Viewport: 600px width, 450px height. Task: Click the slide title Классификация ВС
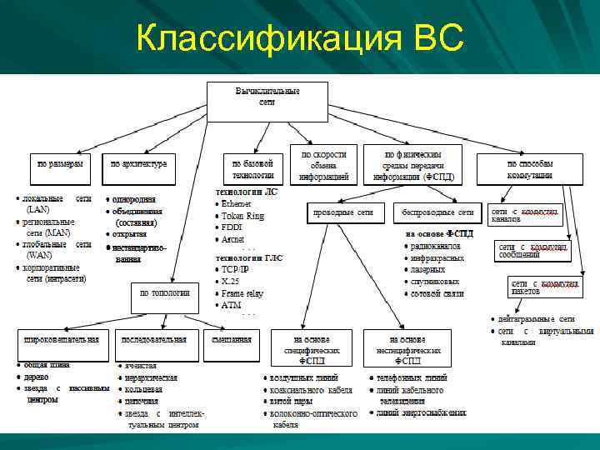coord(300,37)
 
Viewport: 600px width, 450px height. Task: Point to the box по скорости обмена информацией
coord(323,164)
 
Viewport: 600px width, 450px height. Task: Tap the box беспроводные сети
coord(437,212)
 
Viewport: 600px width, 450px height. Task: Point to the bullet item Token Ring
coord(242,215)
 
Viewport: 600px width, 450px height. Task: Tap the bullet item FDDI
coord(232,227)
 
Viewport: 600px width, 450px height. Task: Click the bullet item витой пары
coord(293,402)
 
